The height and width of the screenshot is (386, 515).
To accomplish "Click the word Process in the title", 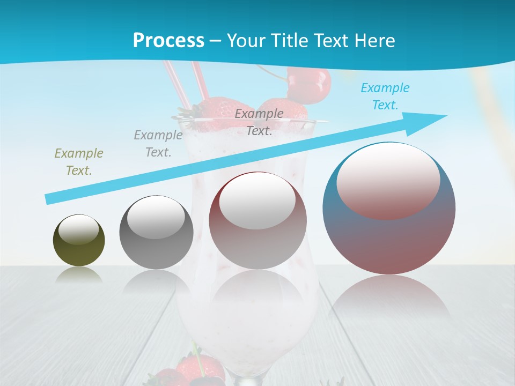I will pos(168,41).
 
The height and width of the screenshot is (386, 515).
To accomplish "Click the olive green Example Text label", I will pos(79,162).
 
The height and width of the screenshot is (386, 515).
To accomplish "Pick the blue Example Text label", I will pos(385,96).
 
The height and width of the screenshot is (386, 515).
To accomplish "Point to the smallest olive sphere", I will pos(79,240).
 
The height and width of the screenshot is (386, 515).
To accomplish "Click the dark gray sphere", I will pos(156,232).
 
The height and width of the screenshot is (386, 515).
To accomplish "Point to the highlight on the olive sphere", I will pos(78,230).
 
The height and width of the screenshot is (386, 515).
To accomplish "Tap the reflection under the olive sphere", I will pos(79,274).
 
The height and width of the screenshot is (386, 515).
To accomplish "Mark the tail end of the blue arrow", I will pos(49,199).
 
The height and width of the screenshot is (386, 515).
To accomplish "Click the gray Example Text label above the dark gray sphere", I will pos(158,144).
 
